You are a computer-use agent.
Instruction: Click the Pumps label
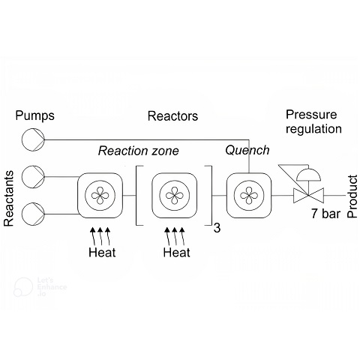pos(34,116)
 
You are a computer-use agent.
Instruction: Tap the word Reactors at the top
pos(172,116)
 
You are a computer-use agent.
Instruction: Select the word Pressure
pos(311,115)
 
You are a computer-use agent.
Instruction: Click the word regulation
pos(313,130)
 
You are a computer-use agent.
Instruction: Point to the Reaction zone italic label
pos(138,151)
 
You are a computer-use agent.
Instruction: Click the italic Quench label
pos(247,151)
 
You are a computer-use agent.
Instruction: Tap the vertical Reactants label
pos(9,199)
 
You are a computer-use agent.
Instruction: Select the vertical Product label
pos(352,196)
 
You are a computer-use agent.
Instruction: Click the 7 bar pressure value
pos(325,214)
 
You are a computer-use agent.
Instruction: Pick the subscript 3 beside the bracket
pos(217,228)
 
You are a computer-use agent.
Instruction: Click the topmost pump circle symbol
pos(33,139)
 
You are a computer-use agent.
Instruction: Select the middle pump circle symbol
pos(33,177)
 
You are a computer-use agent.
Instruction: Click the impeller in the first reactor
pos(100,195)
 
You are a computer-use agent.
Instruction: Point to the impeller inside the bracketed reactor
pos(175,195)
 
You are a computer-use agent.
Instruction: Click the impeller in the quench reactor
pos(249,195)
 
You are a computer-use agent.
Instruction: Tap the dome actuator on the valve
pos(308,175)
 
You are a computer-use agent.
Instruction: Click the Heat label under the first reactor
pos(102,252)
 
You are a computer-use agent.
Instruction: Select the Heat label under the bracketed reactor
pos(177,252)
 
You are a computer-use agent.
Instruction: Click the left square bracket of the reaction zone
pos(136,196)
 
